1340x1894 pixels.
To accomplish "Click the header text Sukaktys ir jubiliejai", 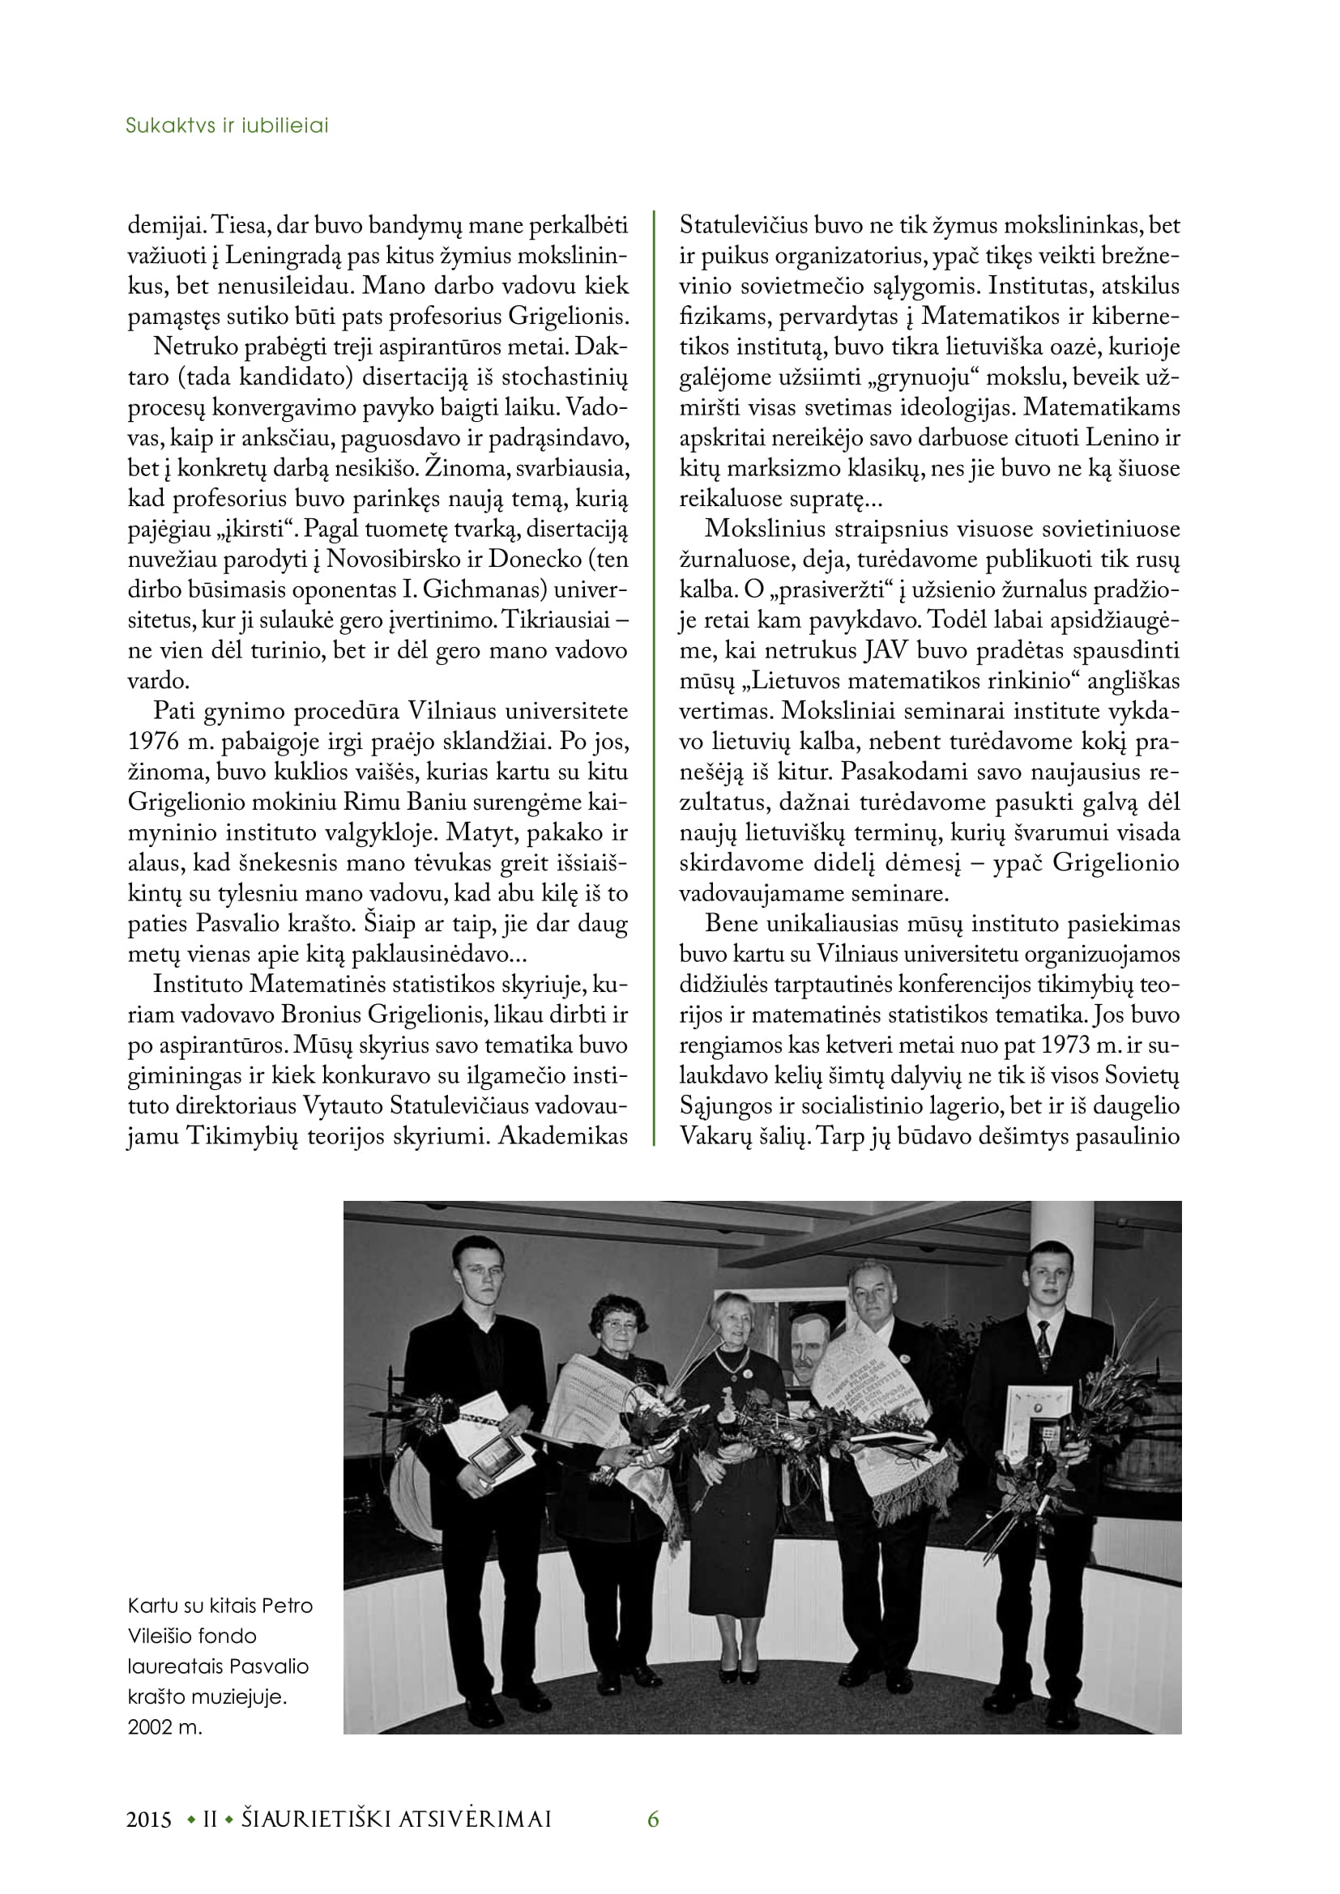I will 227,126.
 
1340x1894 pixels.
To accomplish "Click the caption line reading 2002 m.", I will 165,1726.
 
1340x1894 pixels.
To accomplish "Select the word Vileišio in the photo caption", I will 192,1636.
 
